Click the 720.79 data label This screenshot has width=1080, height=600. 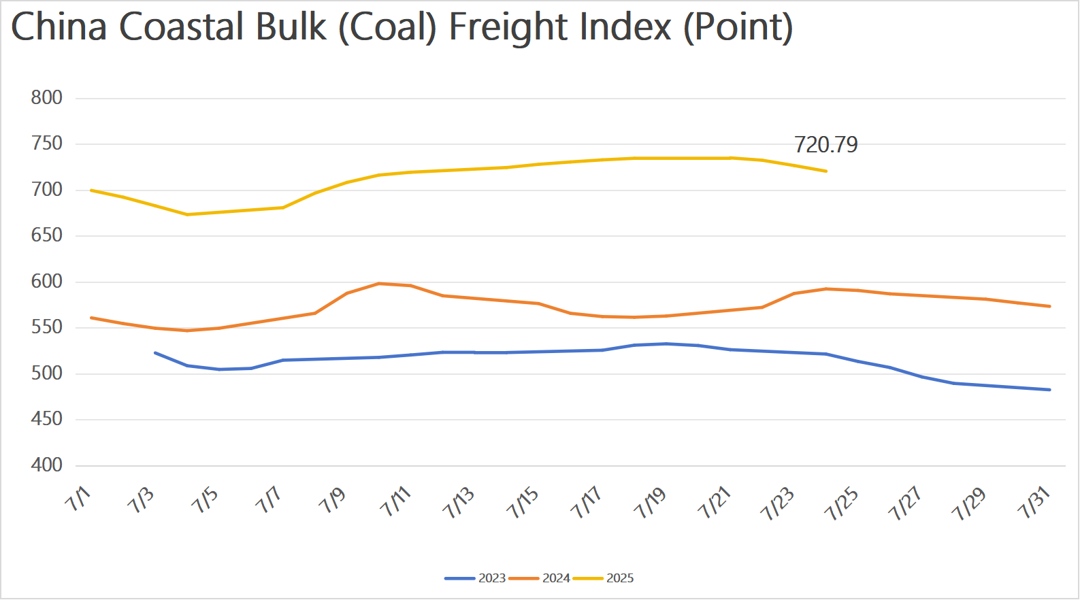[x=826, y=145]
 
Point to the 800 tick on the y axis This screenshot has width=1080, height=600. [x=46, y=98]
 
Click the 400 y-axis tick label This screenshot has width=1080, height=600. [x=46, y=465]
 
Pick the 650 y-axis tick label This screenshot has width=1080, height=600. [x=46, y=235]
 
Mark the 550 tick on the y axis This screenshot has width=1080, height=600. [x=46, y=327]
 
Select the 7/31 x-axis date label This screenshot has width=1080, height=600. [x=1034, y=503]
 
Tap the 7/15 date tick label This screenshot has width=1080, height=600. [x=523, y=503]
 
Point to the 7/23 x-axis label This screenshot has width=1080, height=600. [x=778, y=503]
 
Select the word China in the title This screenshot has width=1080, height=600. [x=59, y=27]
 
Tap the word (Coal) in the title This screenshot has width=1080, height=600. [x=387, y=27]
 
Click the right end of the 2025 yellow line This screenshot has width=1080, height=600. [x=826, y=171]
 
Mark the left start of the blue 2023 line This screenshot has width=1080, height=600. [x=155, y=352]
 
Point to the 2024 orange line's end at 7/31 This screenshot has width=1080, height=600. [x=1050, y=306]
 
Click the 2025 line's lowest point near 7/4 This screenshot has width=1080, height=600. [x=187, y=214]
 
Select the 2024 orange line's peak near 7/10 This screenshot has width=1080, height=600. [x=379, y=283]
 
